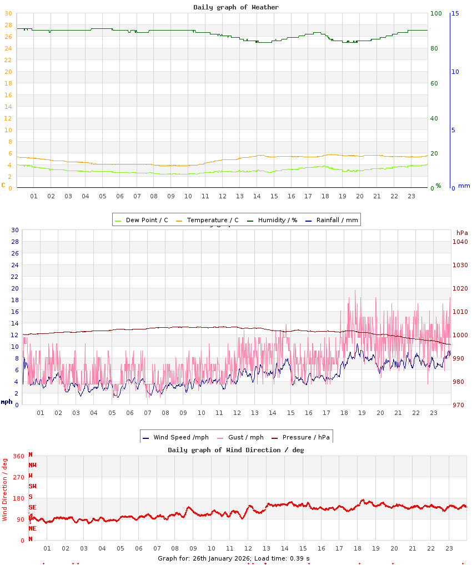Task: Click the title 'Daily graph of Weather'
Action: point(236,7)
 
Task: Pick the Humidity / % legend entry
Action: point(272,220)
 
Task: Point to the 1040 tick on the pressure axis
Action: point(460,242)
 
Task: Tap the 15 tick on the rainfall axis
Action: point(455,13)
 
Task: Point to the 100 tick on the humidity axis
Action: point(436,13)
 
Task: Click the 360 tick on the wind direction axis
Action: point(19,456)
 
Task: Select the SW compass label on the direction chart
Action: point(32,486)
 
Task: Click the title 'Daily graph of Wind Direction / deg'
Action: point(236,450)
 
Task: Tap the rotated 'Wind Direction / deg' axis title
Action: point(5,489)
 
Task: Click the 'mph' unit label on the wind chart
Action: point(7,402)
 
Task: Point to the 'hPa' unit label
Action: point(462,233)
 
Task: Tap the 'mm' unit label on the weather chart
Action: point(464,186)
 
